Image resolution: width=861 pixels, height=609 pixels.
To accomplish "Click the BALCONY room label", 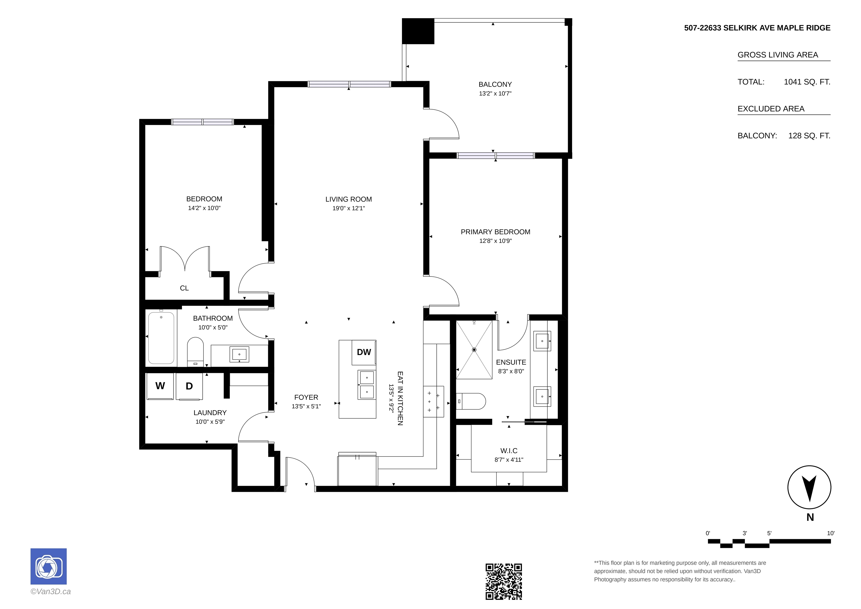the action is coord(495,84).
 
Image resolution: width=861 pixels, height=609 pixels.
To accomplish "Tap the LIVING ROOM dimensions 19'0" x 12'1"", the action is coord(348,208).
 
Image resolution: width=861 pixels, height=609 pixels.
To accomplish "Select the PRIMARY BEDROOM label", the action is coord(495,232).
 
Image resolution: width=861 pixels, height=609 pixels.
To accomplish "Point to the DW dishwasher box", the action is coord(364,352).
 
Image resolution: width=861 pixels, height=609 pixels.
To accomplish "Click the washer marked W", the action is coord(160,386).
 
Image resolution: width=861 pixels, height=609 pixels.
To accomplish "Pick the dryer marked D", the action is coord(189,386).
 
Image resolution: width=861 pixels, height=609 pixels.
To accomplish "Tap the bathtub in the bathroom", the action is coord(161,338).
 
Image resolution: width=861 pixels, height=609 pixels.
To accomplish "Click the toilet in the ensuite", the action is coord(471,401).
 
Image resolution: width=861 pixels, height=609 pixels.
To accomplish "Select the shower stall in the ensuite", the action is coord(474,350).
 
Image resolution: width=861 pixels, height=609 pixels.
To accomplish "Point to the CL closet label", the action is coord(184,288).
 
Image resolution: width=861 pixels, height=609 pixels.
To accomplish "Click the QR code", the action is coord(504,581).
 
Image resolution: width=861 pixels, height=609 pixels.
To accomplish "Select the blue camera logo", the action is coord(48,566).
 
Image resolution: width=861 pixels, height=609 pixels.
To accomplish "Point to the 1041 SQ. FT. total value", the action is coord(807,82).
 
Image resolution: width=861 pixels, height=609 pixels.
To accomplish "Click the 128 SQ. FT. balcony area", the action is coord(809,136).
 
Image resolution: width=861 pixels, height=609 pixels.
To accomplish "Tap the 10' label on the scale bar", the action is coord(831,533).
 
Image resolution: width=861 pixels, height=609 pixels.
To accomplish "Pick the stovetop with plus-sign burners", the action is coord(434,402).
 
